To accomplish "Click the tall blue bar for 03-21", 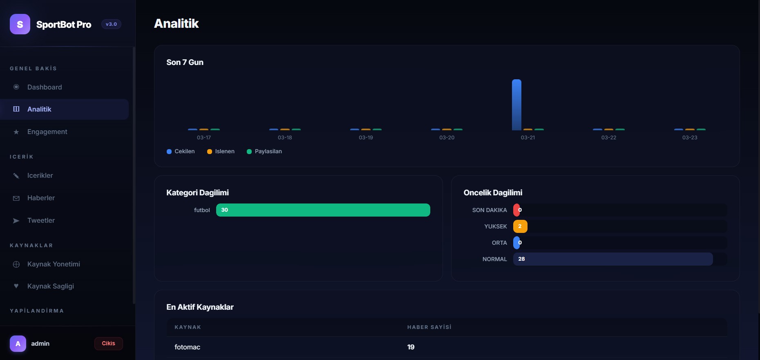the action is pos(516,105).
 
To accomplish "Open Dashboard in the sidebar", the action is pos(45,87).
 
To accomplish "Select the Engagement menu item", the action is pos(47,132).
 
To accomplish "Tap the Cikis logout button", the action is pos(109,344).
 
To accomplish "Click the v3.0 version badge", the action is pos(111,24).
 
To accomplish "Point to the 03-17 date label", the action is pos(204,138).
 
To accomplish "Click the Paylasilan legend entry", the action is pos(264,152).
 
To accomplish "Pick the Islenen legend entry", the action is pos(221,152).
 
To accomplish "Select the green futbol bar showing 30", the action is pos(323,210).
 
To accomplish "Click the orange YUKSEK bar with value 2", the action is pos(520,226).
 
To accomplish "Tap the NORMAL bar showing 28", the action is pos(613,259).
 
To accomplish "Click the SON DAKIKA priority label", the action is pos(490,210).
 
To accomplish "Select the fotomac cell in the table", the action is pos(187,347).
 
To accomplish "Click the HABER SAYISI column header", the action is pos(429,327).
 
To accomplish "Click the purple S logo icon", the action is pos(20,24).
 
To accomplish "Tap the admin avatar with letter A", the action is pos(18,344).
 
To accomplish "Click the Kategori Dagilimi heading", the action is pos(197,193).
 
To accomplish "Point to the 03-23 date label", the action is pos(690,138).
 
